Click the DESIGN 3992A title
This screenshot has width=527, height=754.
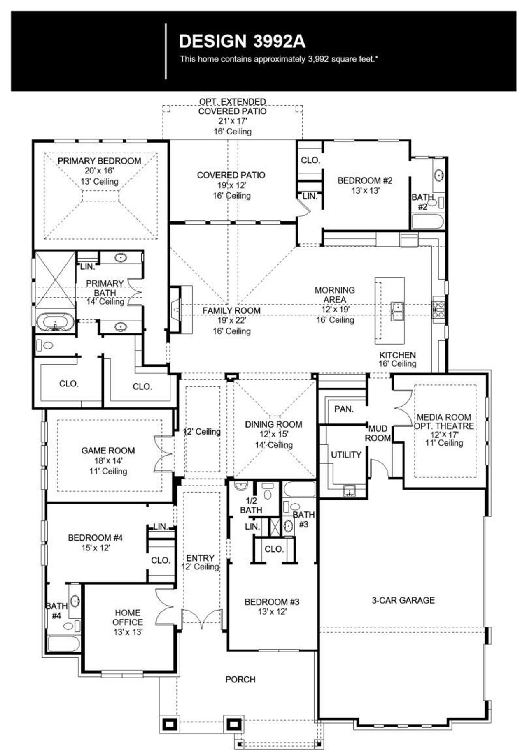[242, 42]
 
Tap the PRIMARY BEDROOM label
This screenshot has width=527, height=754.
[99, 161]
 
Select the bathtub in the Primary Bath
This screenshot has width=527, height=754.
[55, 322]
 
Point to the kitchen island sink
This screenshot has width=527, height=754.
[397, 311]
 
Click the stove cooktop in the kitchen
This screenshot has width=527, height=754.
[438, 310]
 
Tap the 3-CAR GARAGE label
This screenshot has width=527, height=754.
[403, 600]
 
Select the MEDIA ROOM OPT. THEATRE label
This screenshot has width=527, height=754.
[444, 421]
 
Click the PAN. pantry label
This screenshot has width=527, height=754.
[343, 409]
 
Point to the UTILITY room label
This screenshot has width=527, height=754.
[346, 455]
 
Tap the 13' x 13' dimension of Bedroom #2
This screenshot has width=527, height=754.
[365, 191]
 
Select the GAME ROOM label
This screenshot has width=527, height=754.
[108, 451]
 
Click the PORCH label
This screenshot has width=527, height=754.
[240, 680]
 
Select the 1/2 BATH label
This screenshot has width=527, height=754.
[251, 505]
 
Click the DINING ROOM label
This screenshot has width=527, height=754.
[273, 424]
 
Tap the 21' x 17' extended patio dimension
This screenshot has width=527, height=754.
[233, 121]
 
